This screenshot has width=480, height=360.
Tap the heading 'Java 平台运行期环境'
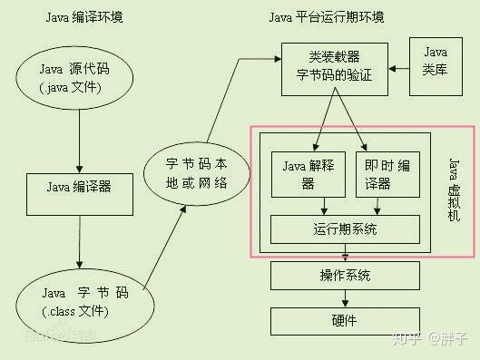click(326, 17)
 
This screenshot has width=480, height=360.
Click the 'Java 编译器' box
click(79, 188)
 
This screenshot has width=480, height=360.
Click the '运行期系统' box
click(346, 229)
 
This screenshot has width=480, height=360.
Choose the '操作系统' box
click(344, 276)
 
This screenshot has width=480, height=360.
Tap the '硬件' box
click(344, 320)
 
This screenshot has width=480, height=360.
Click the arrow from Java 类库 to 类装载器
click(400, 68)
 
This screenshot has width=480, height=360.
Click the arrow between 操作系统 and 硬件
click(344, 297)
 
